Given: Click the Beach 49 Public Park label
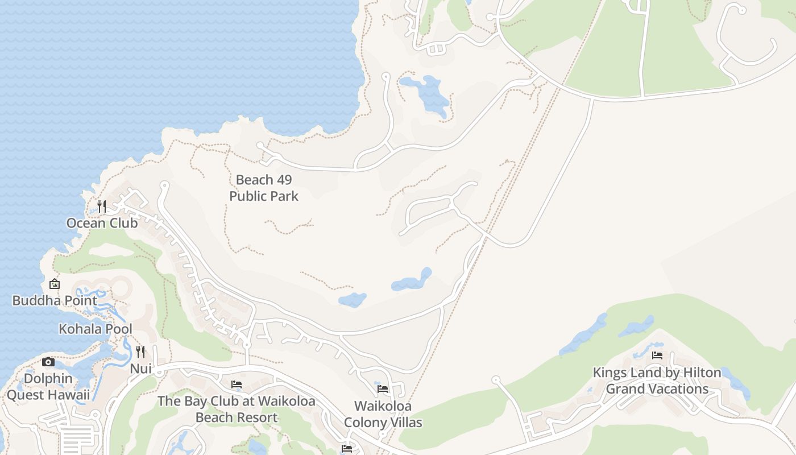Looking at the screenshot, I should coord(264,188).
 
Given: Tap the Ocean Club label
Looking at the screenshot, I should coord(102,223).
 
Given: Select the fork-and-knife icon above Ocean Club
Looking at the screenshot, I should coord(102,206).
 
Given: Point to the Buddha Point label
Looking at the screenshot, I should coord(55,300).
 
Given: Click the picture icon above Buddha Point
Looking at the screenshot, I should coord(55,283).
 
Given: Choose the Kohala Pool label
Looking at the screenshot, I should coord(96,329).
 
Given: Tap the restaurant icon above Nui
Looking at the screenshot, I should coord(140,352).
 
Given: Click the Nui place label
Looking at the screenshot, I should coord(140,369).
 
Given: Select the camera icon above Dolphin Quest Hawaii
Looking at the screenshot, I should coord(48,362).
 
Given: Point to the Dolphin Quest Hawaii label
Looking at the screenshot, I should coord(48,387).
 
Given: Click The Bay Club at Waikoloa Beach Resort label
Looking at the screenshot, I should coord(237,409).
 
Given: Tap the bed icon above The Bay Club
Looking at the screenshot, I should coord(237,385).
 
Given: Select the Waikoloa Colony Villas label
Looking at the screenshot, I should coord(383,414).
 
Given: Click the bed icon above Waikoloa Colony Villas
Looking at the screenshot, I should coord(383,389).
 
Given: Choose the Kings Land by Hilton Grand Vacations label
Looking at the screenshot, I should coord(657,381).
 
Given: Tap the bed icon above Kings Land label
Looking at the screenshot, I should coord(657,355).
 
